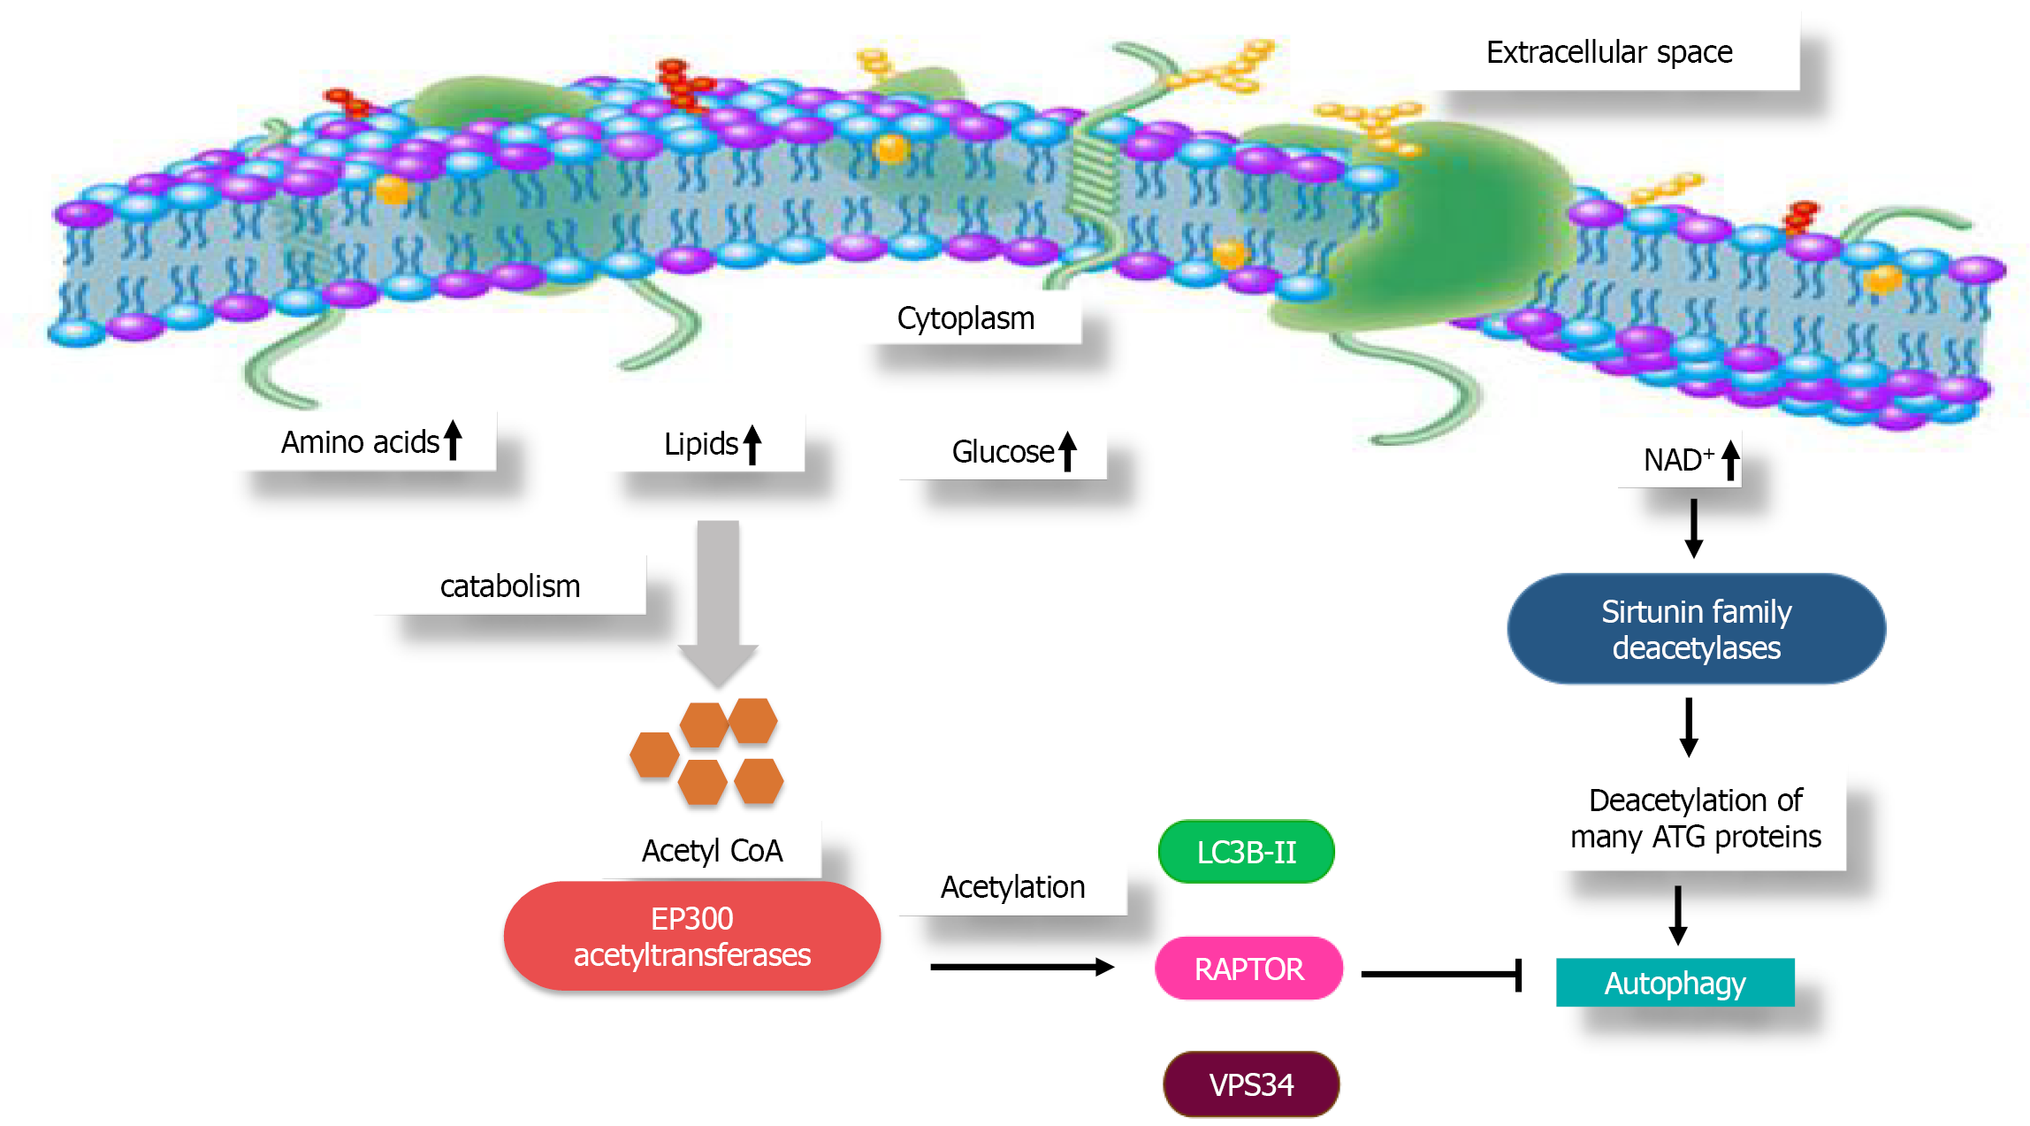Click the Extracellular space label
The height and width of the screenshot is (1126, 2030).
point(1608,52)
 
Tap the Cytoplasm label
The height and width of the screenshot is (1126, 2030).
point(965,318)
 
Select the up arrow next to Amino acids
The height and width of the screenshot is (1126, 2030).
point(453,440)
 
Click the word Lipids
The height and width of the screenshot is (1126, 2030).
point(700,444)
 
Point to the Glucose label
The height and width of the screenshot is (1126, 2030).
point(1003,452)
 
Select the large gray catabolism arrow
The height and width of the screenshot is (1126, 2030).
point(718,601)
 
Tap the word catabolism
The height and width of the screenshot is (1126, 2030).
point(510,586)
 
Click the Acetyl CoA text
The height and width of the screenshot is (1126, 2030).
point(712,851)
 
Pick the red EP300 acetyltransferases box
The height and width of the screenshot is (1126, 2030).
point(691,936)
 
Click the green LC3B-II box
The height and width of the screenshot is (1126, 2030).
point(1246,852)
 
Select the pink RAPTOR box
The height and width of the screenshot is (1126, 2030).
point(1248,969)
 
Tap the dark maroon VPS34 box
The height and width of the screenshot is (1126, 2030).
point(1251,1084)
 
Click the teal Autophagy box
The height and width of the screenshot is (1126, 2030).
point(1675,983)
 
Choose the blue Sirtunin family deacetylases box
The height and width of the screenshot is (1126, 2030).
point(1696,629)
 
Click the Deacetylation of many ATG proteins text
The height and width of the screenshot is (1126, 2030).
point(1695,818)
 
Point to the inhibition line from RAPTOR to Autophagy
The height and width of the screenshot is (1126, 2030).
point(1441,975)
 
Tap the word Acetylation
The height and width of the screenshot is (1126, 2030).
point(1012,887)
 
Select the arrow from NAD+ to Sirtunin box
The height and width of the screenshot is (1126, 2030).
point(1693,528)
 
